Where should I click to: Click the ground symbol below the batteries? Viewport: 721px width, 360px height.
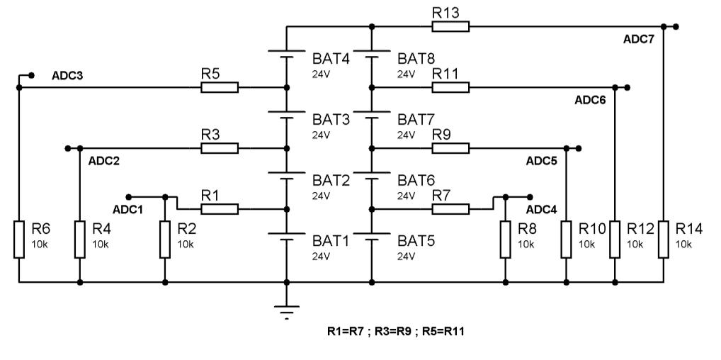click(286, 310)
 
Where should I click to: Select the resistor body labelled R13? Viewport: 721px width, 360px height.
click(450, 26)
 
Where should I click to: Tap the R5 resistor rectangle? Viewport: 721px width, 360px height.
click(220, 87)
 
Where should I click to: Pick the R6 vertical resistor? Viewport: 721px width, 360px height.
click(19, 240)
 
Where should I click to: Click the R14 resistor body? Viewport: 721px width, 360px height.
click(663, 240)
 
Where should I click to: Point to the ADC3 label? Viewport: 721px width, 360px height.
click(67, 76)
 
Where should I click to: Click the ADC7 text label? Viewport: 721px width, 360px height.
click(638, 40)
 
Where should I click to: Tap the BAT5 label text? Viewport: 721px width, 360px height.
click(417, 240)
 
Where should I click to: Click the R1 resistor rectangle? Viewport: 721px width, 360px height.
click(220, 209)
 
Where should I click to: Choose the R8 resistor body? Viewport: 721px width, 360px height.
click(506, 240)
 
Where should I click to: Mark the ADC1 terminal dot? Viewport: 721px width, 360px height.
click(129, 196)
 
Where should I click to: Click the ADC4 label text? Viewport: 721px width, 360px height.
click(542, 210)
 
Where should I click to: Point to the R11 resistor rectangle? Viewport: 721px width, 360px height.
click(450, 87)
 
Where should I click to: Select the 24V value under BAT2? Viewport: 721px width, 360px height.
click(321, 196)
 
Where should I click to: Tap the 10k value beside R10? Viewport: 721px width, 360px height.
click(586, 244)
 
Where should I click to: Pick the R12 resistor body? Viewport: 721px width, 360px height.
click(615, 240)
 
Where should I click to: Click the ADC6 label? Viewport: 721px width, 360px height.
click(590, 101)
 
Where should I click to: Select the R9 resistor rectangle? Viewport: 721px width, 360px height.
click(450, 148)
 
